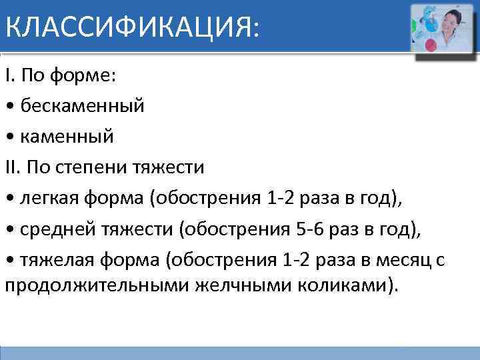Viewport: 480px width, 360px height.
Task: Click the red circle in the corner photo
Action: (x=430, y=45)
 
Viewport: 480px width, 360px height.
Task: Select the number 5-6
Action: (x=309, y=229)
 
